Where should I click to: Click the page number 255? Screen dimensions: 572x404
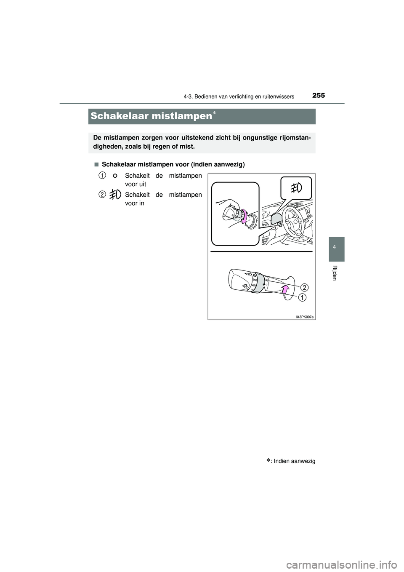click(318, 96)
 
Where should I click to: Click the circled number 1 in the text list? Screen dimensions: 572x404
click(102, 175)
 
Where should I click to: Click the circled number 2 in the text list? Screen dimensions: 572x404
click(102, 194)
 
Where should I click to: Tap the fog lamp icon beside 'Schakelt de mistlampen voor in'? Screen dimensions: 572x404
click(115, 195)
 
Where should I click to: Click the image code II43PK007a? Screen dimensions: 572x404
click(304, 316)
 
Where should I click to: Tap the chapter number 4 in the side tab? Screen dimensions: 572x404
click(334, 248)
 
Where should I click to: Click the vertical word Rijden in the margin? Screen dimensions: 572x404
click(334, 273)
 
